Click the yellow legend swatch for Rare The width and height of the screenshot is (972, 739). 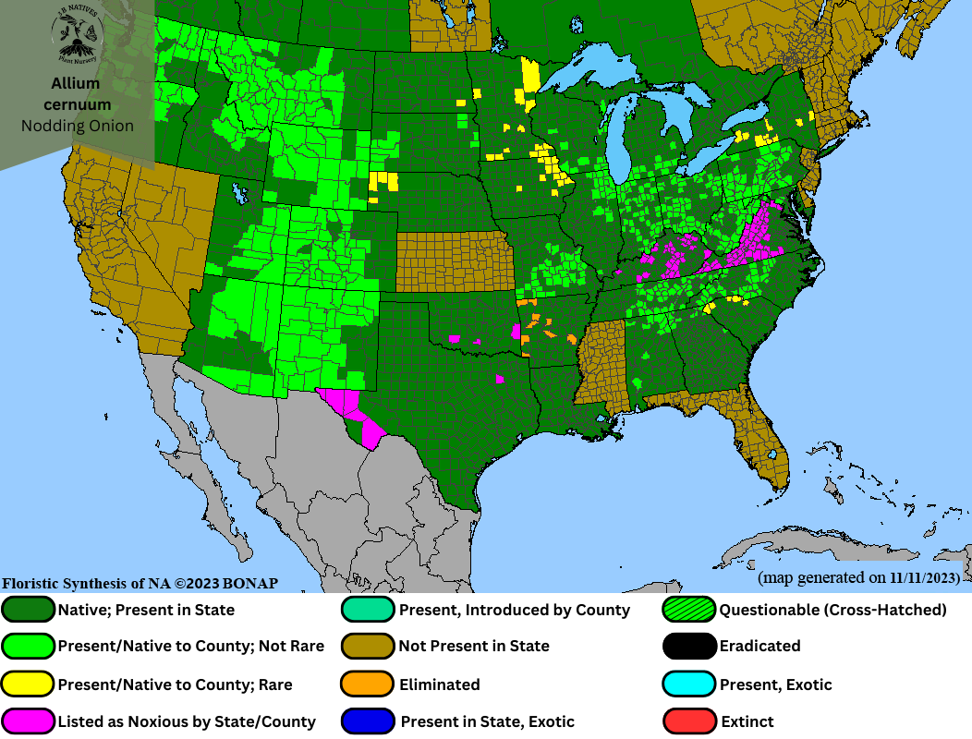pos(28,684)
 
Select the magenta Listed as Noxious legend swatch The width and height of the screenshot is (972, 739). pos(28,721)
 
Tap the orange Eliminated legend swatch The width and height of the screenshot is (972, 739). pos(368,684)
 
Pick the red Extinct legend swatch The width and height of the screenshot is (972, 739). pos(689,721)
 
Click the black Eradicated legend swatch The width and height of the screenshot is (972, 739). pos(689,647)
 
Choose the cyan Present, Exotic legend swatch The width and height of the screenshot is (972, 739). pos(689,684)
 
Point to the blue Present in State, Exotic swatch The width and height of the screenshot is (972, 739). pos(368,721)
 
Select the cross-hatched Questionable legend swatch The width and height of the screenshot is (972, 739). pos(689,610)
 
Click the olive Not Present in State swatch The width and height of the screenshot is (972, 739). pos(368,647)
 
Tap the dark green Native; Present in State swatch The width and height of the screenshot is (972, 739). pos(28,610)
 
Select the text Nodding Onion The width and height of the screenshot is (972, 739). pos(77,126)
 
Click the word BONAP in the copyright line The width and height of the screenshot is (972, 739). pos(245,584)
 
